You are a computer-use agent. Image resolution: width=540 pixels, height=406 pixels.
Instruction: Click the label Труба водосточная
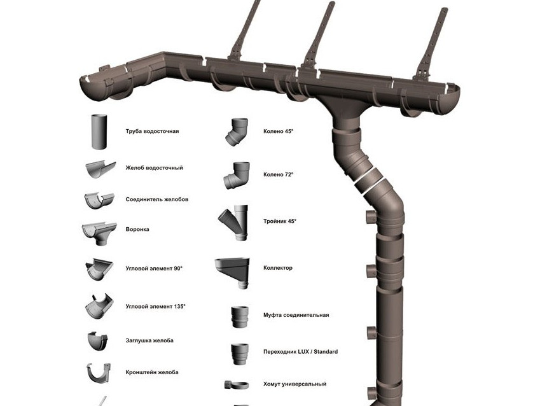[x=152, y=131]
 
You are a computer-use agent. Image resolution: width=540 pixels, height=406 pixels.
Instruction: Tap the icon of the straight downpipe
[x=100, y=132]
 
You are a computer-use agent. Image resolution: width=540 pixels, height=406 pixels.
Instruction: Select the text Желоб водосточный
[x=154, y=168]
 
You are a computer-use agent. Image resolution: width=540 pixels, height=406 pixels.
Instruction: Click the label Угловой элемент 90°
[x=154, y=269]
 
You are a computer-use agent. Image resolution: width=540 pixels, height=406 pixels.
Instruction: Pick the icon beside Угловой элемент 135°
[x=99, y=307]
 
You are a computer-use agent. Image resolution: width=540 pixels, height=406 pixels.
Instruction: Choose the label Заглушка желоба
[x=149, y=340]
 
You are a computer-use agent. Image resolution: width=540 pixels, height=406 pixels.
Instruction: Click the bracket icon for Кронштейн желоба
[x=99, y=372]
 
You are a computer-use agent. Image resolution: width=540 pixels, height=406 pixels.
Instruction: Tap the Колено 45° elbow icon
[x=237, y=131]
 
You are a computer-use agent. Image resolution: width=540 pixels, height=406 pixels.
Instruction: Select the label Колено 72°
[x=279, y=174]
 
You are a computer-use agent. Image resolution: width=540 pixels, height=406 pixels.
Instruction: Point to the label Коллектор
[x=278, y=268]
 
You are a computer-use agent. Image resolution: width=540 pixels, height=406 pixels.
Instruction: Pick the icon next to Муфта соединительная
[x=239, y=316]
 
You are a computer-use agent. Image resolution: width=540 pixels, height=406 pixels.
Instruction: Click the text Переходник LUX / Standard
[x=300, y=352]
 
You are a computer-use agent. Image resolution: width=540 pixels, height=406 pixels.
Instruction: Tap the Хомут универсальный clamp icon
[x=236, y=384]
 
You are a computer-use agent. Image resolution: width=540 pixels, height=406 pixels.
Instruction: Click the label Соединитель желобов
[x=156, y=199]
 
